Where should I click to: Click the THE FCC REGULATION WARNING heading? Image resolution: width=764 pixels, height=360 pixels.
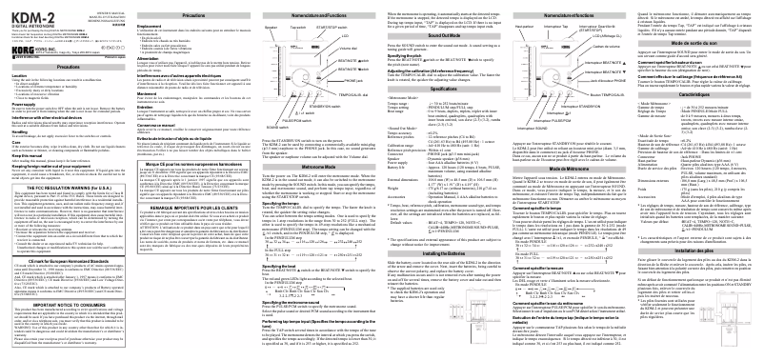tap(75, 201)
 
